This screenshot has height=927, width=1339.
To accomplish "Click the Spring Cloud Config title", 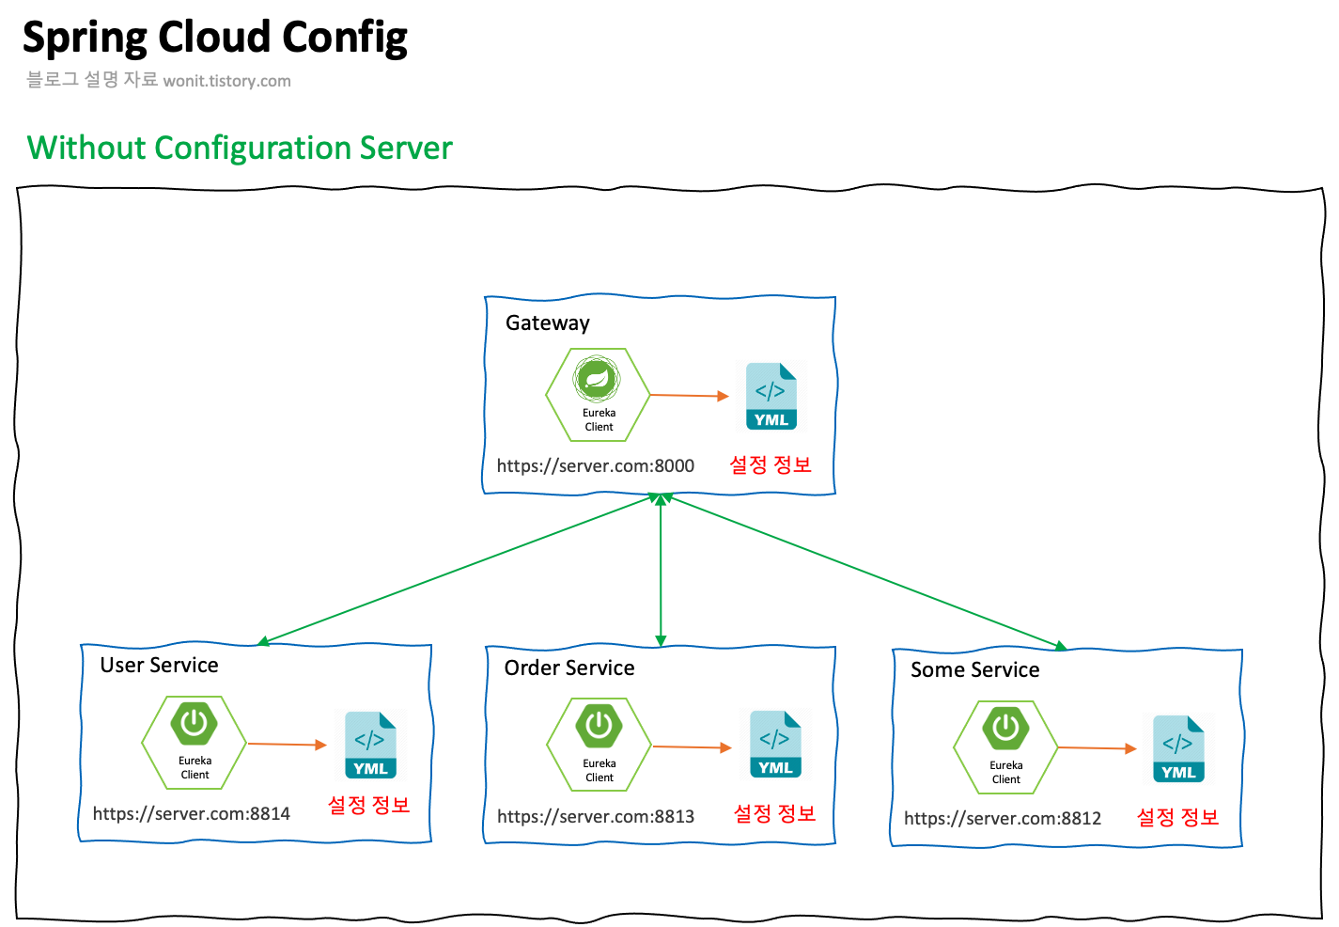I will coord(214,39).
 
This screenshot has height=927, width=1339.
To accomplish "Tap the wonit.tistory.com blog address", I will coord(226,81).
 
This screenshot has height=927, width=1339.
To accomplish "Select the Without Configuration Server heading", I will coord(240,148).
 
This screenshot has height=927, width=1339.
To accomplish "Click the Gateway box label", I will coord(547,323).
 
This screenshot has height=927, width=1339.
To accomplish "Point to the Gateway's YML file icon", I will coord(771,397).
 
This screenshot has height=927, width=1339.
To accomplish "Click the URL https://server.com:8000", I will coord(595,465).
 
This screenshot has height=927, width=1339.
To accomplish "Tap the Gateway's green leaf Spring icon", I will coord(597,380).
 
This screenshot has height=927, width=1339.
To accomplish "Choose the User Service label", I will coord(159,666).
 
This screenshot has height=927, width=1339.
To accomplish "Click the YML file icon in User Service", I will coord(370,746).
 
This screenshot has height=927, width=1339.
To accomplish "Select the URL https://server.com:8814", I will coord(191,813).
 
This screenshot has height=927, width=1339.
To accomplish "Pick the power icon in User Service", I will coord(195,724).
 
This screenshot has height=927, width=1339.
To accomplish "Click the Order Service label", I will coord(568,668).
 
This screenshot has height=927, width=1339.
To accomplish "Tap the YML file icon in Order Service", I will coord(775,745).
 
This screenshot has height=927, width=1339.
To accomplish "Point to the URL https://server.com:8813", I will coord(595,816).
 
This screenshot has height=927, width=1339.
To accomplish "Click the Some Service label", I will coord(974,670).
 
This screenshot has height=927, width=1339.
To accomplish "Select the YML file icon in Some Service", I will coord(1178,749).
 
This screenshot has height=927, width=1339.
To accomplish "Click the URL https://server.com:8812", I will coord(1002,818).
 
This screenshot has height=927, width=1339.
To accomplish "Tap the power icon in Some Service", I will coord(1005,728).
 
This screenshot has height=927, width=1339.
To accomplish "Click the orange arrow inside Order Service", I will coord(692,747).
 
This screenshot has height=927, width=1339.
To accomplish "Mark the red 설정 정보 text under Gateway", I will coord(770,464).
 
